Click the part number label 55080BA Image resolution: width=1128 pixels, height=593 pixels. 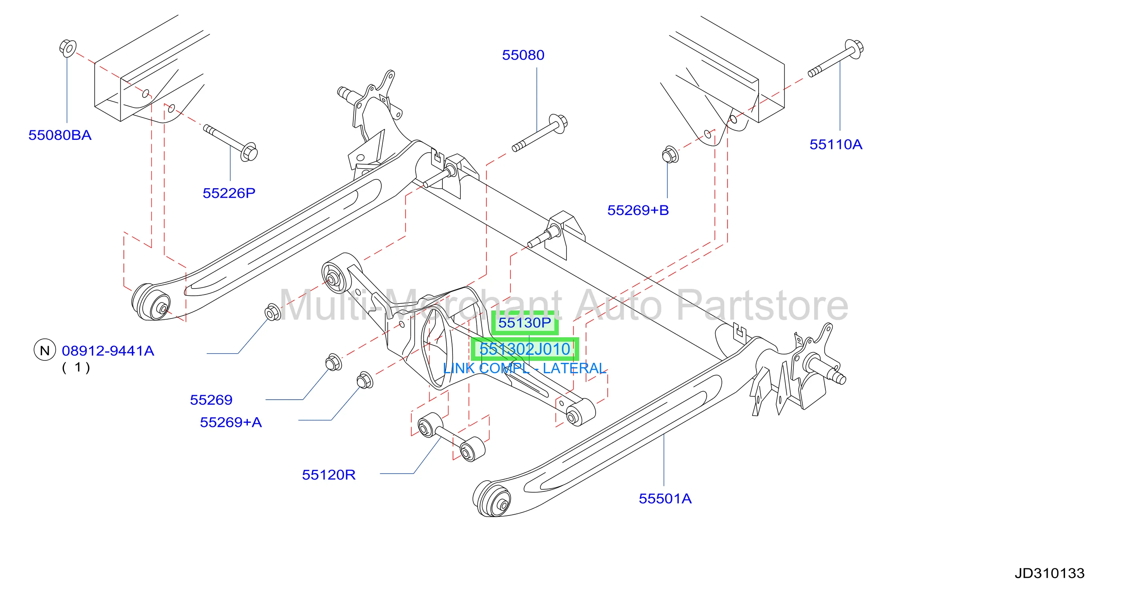(60, 135)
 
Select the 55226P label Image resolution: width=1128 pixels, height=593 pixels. (229, 193)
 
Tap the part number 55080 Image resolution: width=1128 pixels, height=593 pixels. (523, 55)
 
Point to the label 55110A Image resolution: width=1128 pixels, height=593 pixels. (836, 144)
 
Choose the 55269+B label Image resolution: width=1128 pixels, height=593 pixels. (638, 211)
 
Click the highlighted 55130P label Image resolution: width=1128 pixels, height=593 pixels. (524, 323)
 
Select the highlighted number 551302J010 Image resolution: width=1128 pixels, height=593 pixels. (524, 349)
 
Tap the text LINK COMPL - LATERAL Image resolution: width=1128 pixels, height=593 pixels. (524, 368)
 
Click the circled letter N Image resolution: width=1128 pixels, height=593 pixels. (45, 350)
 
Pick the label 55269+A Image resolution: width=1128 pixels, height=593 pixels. (231, 422)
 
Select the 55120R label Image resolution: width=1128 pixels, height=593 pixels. (329, 475)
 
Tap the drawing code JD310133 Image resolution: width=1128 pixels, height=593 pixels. (1050, 573)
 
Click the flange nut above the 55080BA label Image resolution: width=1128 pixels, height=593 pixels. (68, 48)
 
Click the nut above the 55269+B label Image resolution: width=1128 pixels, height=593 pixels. (670, 155)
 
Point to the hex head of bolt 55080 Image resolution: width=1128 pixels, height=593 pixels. (559, 123)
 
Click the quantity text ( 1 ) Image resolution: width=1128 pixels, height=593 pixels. (76, 367)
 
